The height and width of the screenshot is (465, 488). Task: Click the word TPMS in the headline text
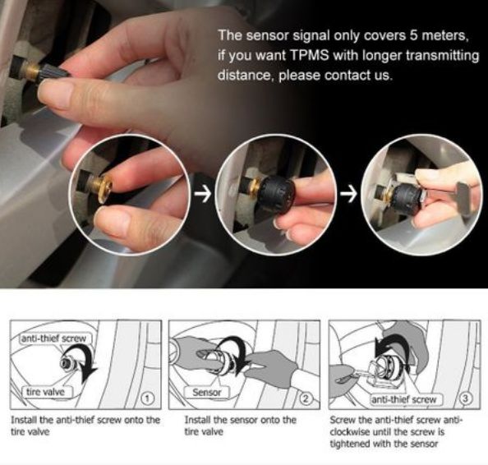(310, 55)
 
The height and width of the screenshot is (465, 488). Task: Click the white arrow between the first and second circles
(203, 194)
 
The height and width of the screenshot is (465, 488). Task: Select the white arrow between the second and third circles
(348, 194)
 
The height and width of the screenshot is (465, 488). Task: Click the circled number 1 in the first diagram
(148, 398)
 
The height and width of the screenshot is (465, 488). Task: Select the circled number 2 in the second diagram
(306, 398)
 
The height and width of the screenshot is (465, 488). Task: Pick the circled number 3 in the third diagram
(466, 398)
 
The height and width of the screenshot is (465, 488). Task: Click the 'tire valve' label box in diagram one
(46, 392)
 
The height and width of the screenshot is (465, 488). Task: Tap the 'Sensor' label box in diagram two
(207, 392)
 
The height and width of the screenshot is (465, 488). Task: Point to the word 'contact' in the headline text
(346, 76)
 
